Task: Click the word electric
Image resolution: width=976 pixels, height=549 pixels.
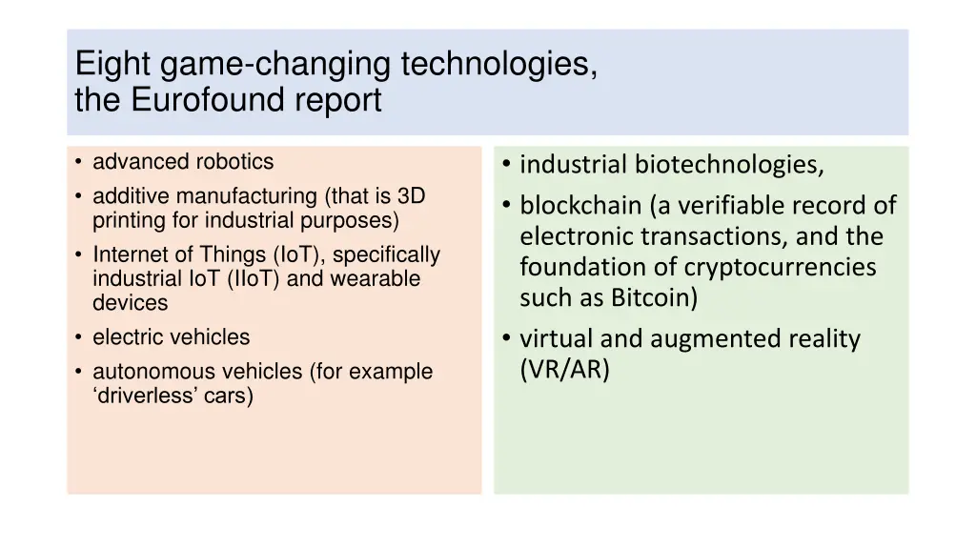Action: click(124, 337)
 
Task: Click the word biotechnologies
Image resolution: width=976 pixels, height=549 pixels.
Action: click(729, 166)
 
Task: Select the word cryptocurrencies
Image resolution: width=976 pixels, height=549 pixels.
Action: click(780, 267)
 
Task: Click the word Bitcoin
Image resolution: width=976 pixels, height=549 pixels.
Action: click(655, 297)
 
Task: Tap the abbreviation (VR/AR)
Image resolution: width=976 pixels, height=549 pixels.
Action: click(564, 370)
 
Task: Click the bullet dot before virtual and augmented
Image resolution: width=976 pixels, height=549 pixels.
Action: click(506, 339)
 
